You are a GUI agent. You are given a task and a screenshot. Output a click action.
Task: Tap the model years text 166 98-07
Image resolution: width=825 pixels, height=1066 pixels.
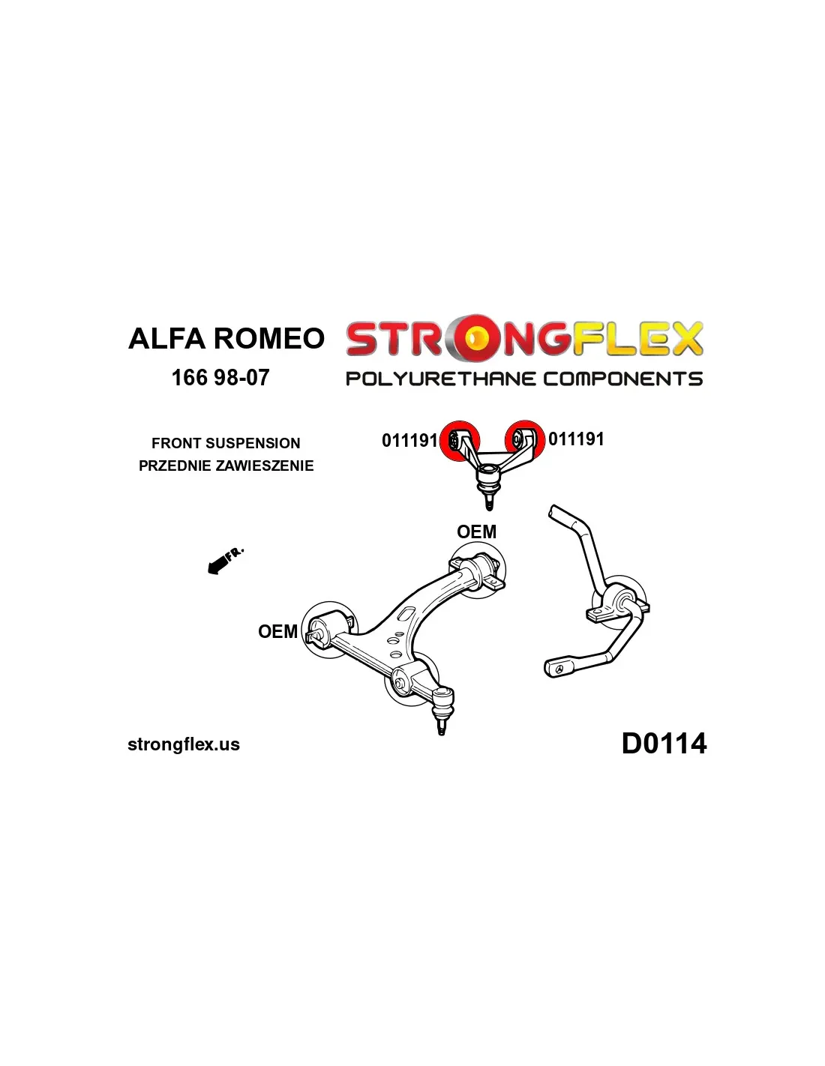[220, 377]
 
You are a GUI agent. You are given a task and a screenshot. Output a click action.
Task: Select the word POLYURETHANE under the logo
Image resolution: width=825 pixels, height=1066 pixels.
[440, 379]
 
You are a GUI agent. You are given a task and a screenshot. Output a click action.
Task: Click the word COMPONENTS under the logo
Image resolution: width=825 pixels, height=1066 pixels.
[622, 379]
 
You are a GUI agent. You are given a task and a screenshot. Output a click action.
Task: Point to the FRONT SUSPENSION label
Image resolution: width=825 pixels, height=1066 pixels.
[226, 443]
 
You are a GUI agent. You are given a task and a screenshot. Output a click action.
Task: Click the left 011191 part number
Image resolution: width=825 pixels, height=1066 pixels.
[409, 440]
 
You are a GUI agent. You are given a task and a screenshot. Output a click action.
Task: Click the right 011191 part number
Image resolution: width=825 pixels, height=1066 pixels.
[576, 439]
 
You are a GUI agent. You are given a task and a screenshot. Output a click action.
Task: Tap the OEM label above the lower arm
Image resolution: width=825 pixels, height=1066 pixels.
[476, 532]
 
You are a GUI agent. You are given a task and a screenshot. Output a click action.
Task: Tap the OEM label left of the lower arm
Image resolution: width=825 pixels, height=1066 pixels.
[277, 632]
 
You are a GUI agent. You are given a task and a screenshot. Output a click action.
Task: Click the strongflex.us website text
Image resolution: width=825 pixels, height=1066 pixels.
[184, 744]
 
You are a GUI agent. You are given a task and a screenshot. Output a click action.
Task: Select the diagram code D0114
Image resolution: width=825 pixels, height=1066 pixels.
[664, 744]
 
